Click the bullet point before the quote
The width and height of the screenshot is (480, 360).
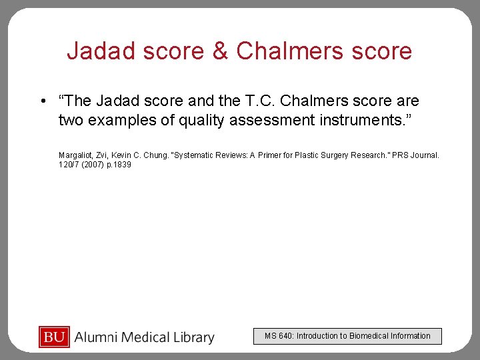(42, 101)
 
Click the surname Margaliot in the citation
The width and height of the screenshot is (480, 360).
(76, 155)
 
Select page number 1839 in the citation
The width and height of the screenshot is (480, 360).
(123, 165)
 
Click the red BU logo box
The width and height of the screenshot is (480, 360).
(54, 337)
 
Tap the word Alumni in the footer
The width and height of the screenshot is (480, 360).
(97, 338)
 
